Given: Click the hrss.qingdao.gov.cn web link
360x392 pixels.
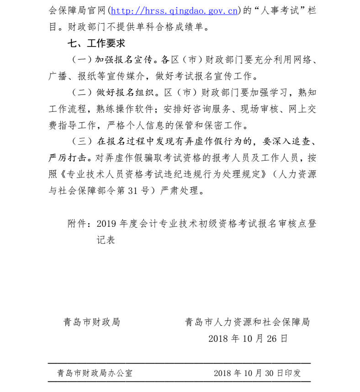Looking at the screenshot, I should coord(174,10).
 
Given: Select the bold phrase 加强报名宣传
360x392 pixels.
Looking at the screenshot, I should coord(123,60).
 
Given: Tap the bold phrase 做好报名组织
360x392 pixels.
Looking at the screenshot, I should coord(123,93).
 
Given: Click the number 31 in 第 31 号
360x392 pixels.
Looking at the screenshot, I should coord(133,191).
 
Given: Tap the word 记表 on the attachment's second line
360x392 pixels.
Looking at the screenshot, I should coord(106,240).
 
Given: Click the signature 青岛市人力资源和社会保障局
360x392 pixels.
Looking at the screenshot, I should coord(247,322).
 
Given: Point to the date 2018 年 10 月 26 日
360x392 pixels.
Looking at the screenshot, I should coord(248,339).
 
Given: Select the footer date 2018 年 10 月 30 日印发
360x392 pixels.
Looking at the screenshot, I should coord(257,373).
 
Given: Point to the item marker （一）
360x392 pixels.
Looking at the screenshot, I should coord(82,60).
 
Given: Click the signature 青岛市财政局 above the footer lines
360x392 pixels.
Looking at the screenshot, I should coord(91,322).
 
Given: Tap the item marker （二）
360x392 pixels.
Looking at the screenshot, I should coord(82,93).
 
